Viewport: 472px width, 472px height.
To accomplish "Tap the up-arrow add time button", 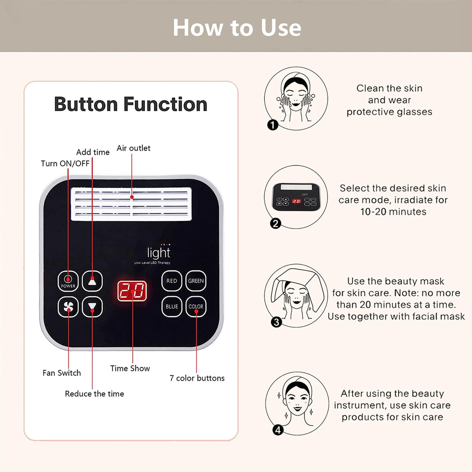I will click(92, 281).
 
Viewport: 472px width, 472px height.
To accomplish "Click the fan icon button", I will click(68, 307).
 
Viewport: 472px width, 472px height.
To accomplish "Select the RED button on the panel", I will click(172, 281).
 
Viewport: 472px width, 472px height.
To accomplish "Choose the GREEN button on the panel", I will click(196, 281).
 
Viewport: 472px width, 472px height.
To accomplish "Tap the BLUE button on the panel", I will click(172, 306).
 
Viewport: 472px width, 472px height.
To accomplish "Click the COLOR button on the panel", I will click(196, 306).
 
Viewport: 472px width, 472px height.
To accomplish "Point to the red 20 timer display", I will click(132, 291).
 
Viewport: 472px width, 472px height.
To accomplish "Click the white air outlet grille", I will click(131, 204).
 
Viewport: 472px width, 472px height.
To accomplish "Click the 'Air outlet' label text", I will click(133, 148).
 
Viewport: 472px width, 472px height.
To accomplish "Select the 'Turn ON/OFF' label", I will click(65, 163).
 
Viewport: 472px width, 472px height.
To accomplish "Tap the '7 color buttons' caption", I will click(197, 378).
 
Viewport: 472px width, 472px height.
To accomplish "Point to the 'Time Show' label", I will click(130, 368).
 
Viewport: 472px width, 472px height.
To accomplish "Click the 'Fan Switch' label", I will click(61, 373).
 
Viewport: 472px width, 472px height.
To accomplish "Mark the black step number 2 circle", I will click(275, 224).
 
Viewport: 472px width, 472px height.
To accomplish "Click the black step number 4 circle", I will click(278, 430).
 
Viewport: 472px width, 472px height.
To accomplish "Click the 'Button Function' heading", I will click(131, 104).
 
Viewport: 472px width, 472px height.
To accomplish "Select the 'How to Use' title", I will click(236, 28).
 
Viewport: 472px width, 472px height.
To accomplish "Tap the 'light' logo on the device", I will click(159, 253).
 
